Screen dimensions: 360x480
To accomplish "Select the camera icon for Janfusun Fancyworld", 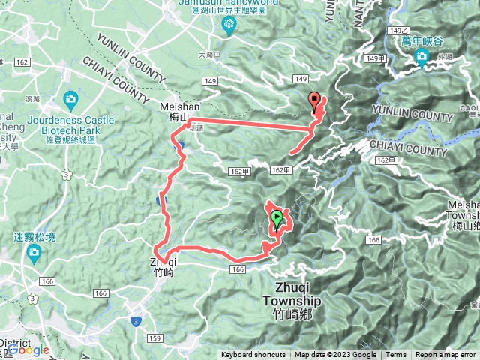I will coord(229,27).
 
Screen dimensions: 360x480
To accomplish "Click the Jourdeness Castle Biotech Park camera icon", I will coord(70,99).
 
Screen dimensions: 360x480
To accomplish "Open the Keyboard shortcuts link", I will coord(253,355).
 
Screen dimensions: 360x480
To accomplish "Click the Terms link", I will coord(396,355).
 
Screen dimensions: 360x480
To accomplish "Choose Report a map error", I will coord(445,355).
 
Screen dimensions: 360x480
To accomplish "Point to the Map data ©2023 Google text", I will coord(335,355).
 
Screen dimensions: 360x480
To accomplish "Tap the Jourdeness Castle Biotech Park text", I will coord(71,124).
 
